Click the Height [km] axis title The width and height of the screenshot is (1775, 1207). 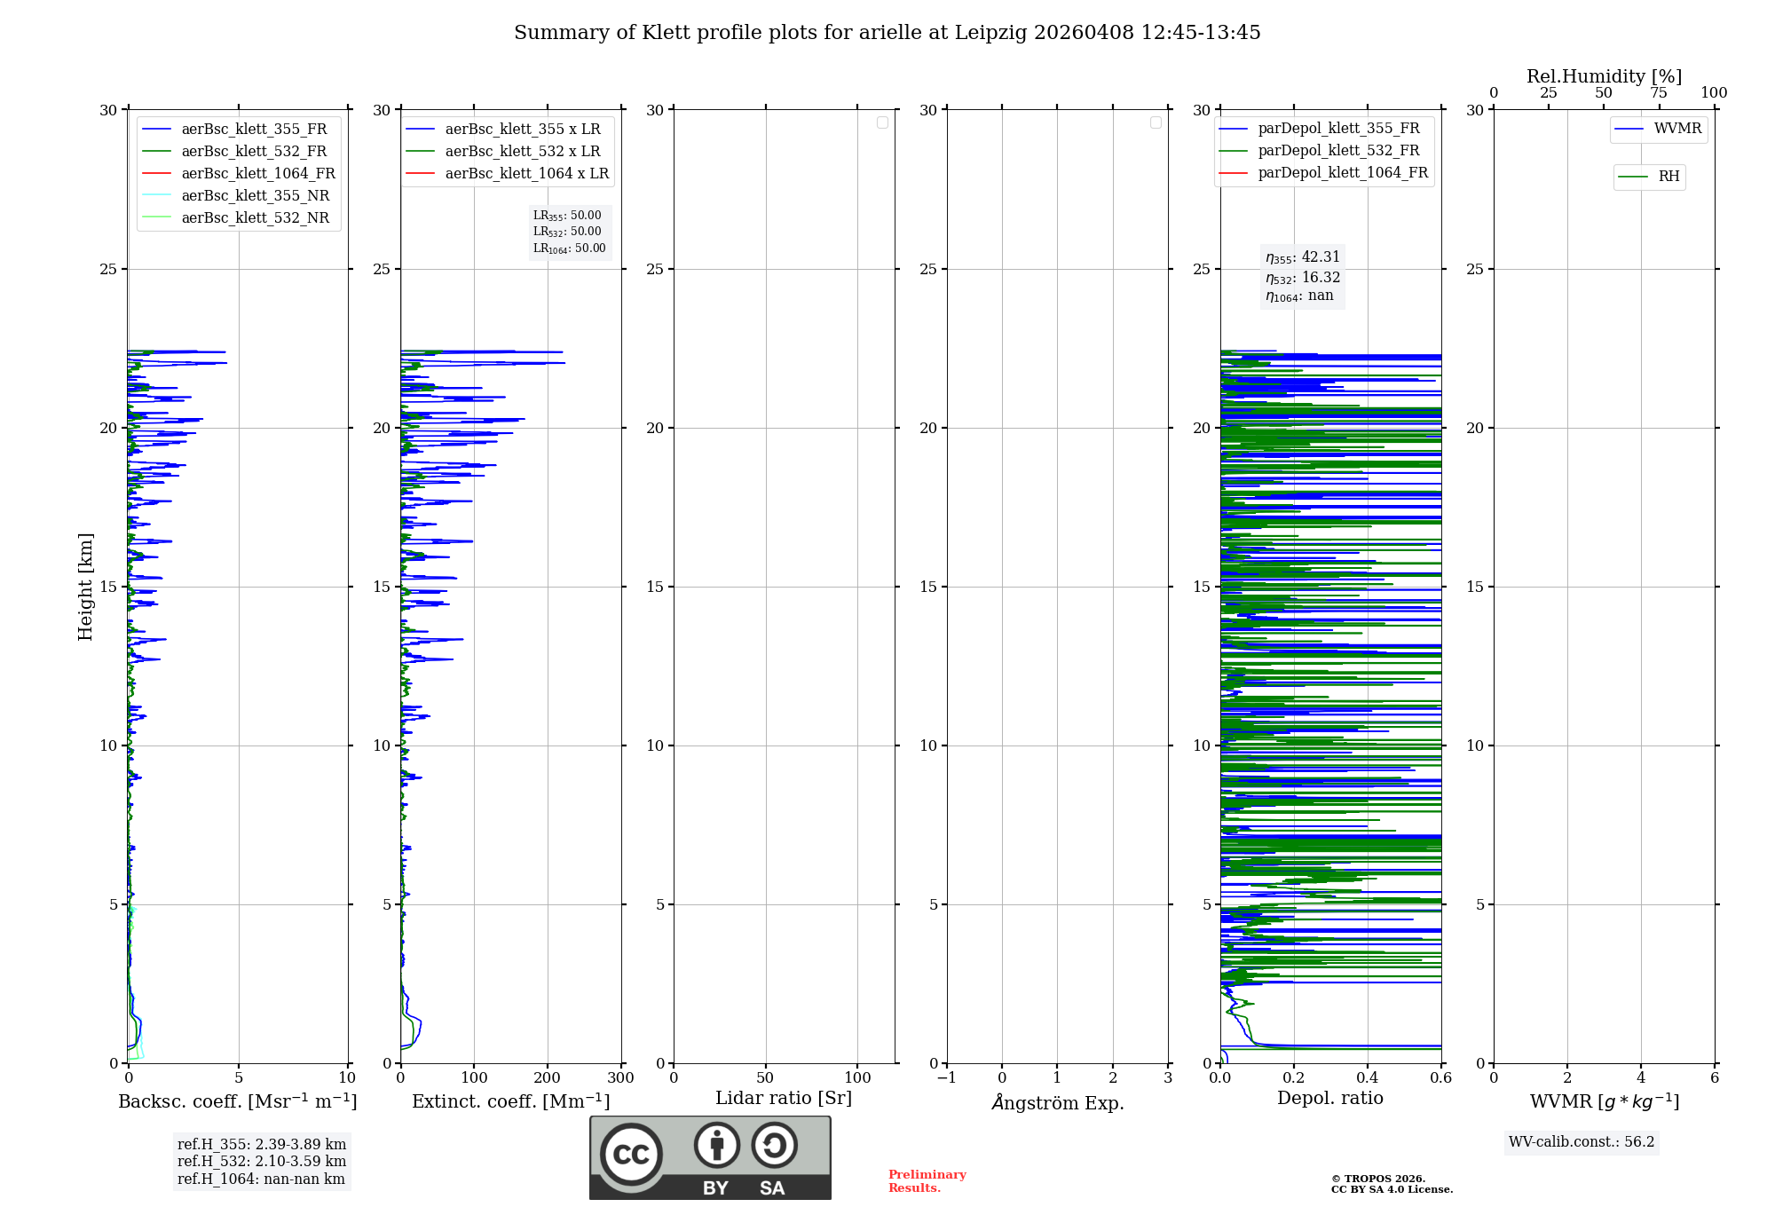pyautogui.click(x=85, y=587)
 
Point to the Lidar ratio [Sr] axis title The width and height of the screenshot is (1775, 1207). pyautogui.click(x=784, y=1098)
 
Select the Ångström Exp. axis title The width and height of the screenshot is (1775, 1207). pyautogui.click(x=1057, y=1102)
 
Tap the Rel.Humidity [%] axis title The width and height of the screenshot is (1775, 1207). pyautogui.click(x=1604, y=76)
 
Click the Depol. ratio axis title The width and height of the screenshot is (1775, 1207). pyautogui.click(x=1329, y=1098)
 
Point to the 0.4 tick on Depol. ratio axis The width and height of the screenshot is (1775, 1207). pyautogui.click(x=1367, y=1078)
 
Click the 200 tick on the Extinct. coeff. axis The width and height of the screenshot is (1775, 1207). pyautogui.click(x=548, y=1078)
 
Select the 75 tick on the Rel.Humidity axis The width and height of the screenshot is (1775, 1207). pyautogui.click(x=1659, y=92)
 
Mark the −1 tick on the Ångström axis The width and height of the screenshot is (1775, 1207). pyautogui.click(x=946, y=1078)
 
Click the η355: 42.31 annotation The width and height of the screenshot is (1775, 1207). pyautogui.click(x=1303, y=257)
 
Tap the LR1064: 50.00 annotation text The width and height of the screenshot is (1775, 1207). pyautogui.click(x=569, y=248)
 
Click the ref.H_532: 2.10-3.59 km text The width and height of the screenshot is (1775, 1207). pyautogui.click(x=262, y=1161)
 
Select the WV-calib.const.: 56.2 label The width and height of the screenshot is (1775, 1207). pyautogui.click(x=1582, y=1141)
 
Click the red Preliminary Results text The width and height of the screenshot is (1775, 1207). pyautogui.click(x=927, y=1180)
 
